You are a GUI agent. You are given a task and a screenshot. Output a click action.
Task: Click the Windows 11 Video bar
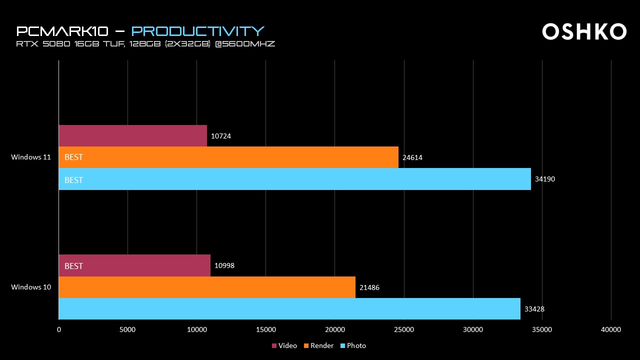pyautogui.click(x=132, y=135)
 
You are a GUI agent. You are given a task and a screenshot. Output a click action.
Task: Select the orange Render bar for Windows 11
pyautogui.click(x=228, y=157)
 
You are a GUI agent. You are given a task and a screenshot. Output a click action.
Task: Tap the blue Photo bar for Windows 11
pyautogui.click(x=294, y=179)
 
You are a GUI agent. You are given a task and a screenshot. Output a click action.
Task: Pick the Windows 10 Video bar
pyautogui.click(x=134, y=265)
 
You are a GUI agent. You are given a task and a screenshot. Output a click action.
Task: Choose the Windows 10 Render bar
pyautogui.click(x=207, y=287)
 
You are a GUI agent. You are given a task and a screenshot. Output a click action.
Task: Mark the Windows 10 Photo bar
pyautogui.click(x=289, y=308)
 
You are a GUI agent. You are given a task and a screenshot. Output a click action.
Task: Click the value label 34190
pyautogui.click(x=544, y=179)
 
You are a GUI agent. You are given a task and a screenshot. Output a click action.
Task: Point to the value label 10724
pyautogui.click(x=221, y=136)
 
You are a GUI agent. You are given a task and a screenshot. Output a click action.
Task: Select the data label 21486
pyautogui.click(x=369, y=287)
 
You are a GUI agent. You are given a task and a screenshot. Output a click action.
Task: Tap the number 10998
pyautogui.click(x=224, y=265)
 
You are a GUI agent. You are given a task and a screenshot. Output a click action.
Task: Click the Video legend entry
pyautogui.click(x=284, y=345)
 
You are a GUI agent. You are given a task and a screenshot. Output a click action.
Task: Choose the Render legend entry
pyautogui.click(x=318, y=345)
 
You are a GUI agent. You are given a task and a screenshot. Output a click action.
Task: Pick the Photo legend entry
pyautogui.click(x=353, y=345)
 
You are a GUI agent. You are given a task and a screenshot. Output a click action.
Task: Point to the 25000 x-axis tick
pyautogui.click(x=404, y=329)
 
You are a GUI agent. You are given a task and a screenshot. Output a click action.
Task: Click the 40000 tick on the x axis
pyautogui.click(x=611, y=329)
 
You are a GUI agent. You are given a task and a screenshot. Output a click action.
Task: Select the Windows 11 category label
pyautogui.click(x=31, y=157)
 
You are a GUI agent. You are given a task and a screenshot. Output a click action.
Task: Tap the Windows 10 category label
pyautogui.click(x=31, y=287)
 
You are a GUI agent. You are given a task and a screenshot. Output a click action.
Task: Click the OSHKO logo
pyautogui.click(x=584, y=31)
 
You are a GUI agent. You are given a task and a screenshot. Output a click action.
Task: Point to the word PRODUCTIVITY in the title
pyautogui.click(x=197, y=31)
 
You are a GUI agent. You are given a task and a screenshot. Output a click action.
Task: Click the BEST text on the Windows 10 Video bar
pyautogui.click(x=73, y=266)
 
